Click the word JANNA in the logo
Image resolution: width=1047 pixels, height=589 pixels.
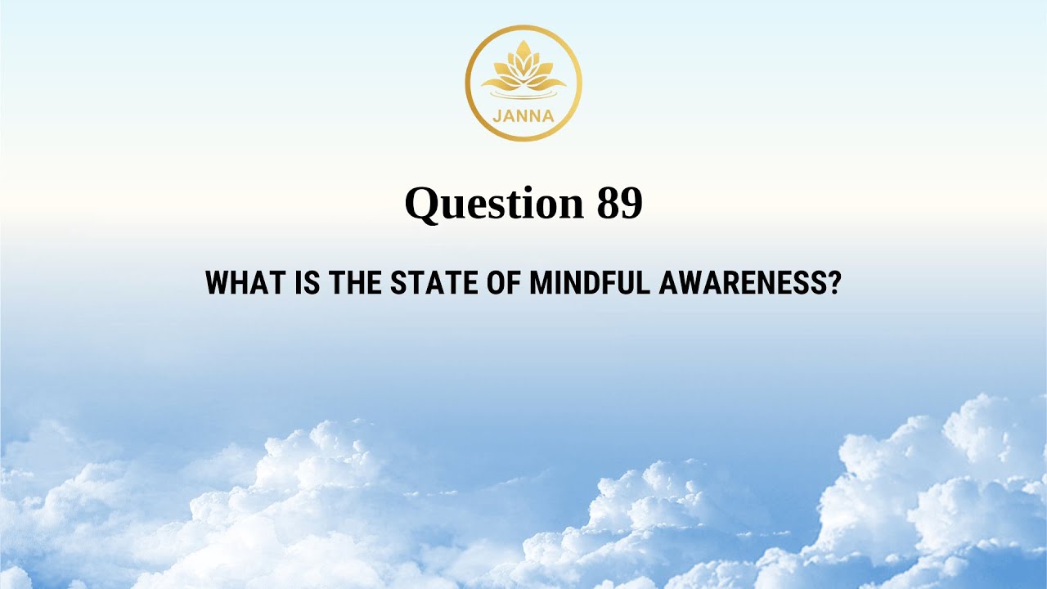(523, 115)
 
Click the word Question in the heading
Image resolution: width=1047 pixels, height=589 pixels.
(493, 204)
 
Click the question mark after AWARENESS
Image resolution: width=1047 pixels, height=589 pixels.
(834, 283)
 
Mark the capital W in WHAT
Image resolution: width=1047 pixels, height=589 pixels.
(218, 283)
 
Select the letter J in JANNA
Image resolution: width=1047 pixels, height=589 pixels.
(497, 115)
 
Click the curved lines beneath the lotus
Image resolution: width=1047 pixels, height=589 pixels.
(523, 97)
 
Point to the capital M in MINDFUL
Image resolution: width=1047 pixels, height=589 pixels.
(541, 283)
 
